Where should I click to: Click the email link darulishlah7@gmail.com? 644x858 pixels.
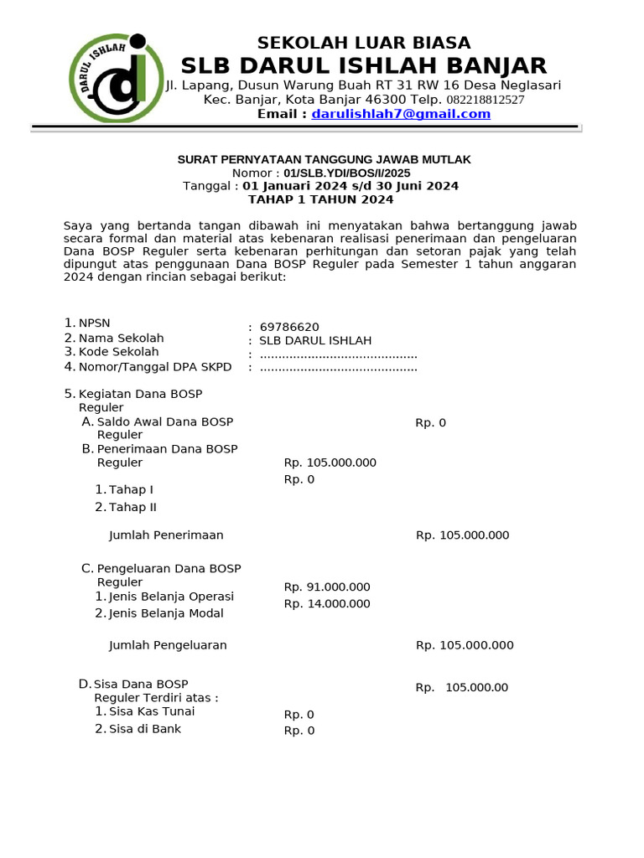tap(401, 114)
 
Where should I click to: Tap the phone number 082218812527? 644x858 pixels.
tap(485, 100)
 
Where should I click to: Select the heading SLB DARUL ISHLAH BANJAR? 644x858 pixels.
tap(364, 65)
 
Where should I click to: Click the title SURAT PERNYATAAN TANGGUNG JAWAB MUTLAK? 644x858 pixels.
tap(324, 159)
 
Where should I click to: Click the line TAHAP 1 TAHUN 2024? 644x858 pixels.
tap(320, 199)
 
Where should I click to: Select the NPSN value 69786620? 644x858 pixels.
tap(289, 327)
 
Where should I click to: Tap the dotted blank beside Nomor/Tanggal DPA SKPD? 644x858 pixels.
tap(338, 367)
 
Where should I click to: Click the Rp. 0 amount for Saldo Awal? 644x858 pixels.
tap(430, 422)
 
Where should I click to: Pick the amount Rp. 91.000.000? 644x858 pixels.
tap(327, 587)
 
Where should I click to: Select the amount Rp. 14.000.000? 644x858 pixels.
tap(327, 603)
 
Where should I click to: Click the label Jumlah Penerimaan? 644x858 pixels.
tap(166, 535)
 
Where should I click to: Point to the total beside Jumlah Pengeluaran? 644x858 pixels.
tap(465, 645)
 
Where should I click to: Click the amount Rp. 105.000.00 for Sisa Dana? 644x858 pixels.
tap(461, 687)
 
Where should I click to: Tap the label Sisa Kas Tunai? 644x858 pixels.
tap(151, 711)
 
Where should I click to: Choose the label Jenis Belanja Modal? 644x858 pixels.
tap(166, 613)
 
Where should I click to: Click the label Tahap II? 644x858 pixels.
tap(132, 507)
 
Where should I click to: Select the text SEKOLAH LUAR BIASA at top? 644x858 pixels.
tap(363, 43)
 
